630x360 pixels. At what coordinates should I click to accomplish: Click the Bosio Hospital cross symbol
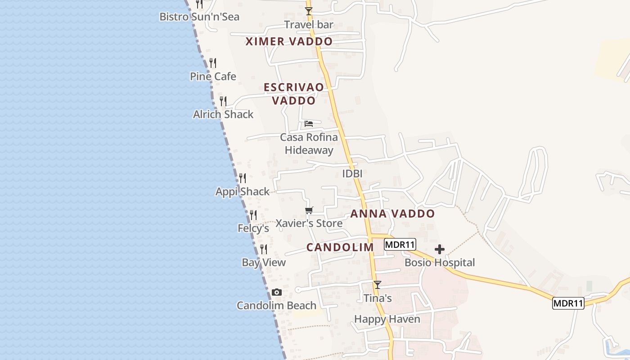point(440,249)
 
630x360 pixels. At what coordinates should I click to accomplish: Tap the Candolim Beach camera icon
point(277,292)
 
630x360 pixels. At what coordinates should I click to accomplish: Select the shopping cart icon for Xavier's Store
point(309,210)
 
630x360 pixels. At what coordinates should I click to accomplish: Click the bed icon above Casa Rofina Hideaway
point(309,124)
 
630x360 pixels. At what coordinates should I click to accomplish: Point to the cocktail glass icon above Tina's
point(378,285)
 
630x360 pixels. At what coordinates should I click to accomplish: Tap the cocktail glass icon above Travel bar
point(309,11)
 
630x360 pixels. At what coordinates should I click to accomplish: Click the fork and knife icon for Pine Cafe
point(213,63)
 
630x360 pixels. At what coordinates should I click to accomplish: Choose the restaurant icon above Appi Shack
point(243,178)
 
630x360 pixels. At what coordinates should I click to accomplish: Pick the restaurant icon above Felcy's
point(253,215)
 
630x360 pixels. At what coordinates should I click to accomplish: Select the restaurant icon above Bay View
point(264,249)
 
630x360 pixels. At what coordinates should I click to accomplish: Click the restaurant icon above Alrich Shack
point(223,101)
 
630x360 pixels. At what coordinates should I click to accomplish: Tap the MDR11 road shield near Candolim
point(400,245)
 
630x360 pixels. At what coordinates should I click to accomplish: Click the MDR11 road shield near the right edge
point(568,303)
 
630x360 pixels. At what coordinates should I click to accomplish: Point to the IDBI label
point(352,174)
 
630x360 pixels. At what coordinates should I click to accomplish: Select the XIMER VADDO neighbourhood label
point(289,42)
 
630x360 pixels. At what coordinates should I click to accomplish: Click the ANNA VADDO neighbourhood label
point(392,214)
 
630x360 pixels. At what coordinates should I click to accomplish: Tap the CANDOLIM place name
point(340,247)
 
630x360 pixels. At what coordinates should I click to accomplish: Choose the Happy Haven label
point(387,319)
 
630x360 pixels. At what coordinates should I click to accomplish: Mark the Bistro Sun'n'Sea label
point(199,17)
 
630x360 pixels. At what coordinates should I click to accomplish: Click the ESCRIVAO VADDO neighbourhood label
point(294,94)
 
